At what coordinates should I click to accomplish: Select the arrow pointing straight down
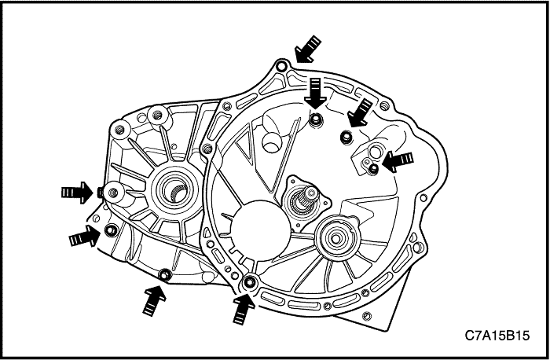[315, 93]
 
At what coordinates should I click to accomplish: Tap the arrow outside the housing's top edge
[306, 49]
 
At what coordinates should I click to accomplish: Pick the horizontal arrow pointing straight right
[77, 191]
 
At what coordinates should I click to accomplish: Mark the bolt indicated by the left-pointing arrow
[374, 167]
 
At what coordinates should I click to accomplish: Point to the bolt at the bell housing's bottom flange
[250, 283]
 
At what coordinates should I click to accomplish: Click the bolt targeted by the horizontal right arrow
[102, 191]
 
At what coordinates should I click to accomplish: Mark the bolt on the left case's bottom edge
[164, 274]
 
